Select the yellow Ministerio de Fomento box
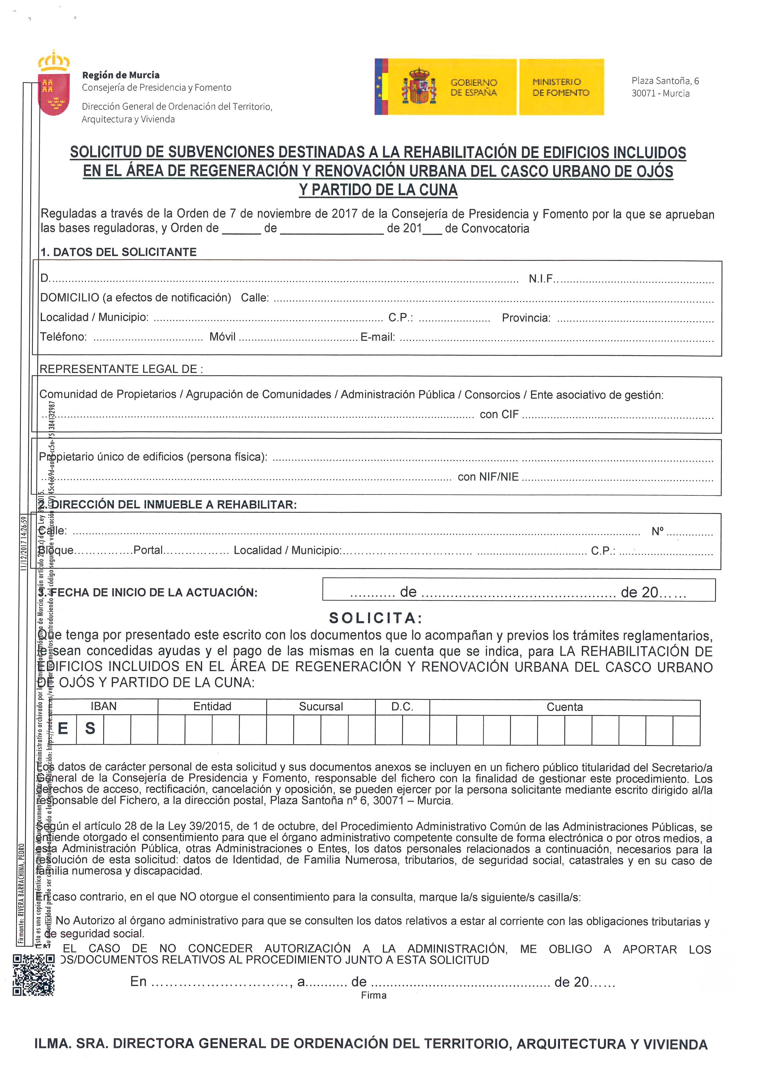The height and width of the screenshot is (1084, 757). [x=561, y=87]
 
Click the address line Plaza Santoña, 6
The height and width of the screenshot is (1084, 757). [x=665, y=81]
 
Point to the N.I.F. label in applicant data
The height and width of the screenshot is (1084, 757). [x=540, y=278]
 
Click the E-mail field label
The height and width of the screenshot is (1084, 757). [x=378, y=337]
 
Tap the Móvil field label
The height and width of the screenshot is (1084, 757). [x=222, y=337]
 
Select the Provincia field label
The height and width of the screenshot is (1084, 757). [x=526, y=318]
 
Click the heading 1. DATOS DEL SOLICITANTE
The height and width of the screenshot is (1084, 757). [x=118, y=252]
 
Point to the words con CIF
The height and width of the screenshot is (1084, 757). [x=499, y=415]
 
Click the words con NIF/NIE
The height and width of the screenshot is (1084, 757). [x=488, y=477]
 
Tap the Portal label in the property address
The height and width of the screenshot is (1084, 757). [x=148, y=550]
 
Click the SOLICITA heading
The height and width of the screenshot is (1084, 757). [x=376, y=618]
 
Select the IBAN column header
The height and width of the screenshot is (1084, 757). [x=103, y=706]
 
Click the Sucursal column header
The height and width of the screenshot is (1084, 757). [x=321, y=707]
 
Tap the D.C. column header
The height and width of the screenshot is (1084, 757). [x=402, y=707]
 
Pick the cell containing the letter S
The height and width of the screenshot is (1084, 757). [x=90, y=728]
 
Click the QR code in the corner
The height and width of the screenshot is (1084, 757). [x=33, y=975]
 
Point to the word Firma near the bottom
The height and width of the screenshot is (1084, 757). [x=374, y=995]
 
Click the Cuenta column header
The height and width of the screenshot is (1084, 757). [x=564, y=707]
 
